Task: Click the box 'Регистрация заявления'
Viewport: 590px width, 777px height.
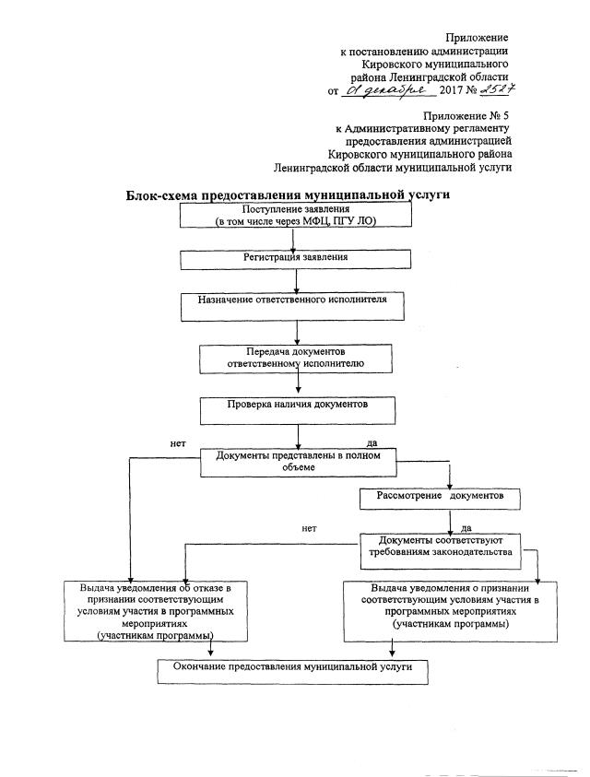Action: (295, 258)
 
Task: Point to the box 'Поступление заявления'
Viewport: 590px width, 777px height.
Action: (294, 215)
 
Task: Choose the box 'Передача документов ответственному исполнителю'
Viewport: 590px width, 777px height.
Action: (295, 358)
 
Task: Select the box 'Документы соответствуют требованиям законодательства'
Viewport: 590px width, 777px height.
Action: (438, 546)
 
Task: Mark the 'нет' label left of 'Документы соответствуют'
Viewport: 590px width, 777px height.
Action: (309, 529)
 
